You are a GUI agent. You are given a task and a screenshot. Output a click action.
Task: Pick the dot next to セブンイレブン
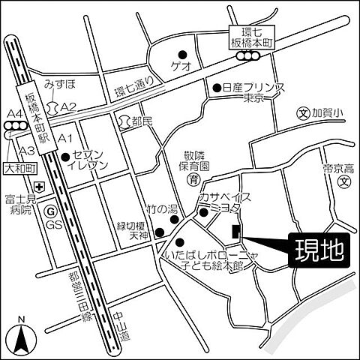67,157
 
